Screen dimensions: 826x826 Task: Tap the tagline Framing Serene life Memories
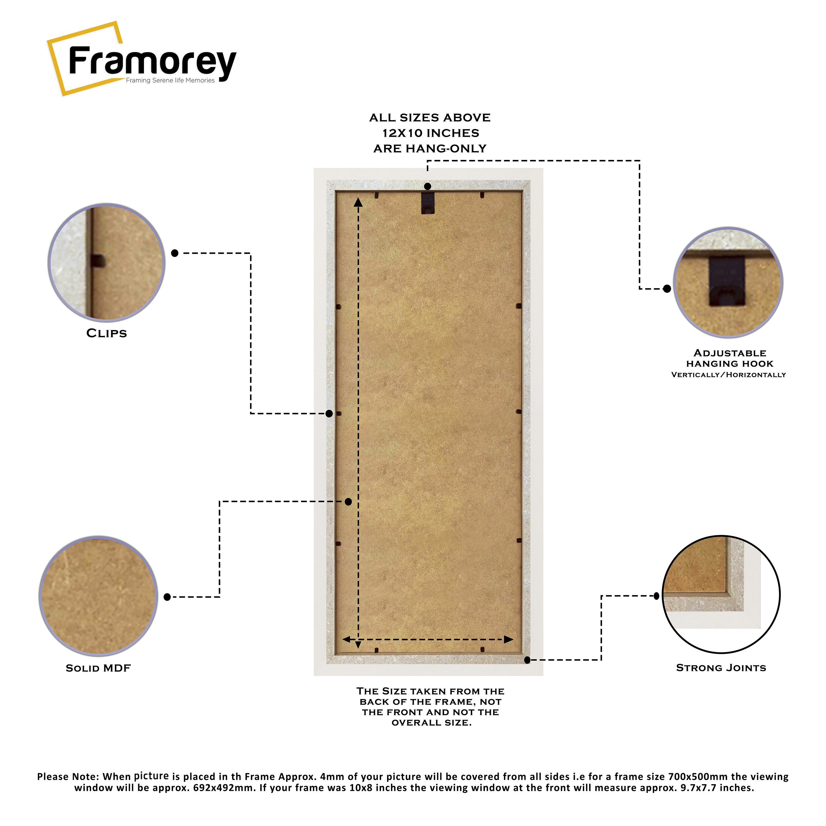coord(170,80)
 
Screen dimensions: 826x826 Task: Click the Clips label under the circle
coord(107,333)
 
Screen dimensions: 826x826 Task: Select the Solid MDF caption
coord(98,668)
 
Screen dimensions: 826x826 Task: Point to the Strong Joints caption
coord(721,668)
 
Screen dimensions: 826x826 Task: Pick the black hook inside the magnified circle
coord(727,281)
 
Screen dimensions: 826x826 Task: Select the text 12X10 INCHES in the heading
coord(431,133)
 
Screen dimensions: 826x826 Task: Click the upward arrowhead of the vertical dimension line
coord(358,202)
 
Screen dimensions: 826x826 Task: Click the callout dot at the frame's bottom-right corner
coord(527,660)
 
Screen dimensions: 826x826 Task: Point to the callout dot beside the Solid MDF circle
coord(167,597)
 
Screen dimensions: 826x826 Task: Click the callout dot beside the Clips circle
coord(175,253)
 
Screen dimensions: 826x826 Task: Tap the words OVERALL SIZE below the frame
coord(431,722)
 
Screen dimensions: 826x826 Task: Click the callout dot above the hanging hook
coord(428,186)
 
